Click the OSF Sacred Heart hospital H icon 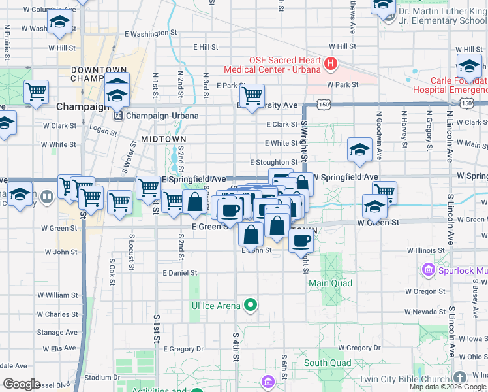[x=331, y=63]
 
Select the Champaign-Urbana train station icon [x=119, y=116]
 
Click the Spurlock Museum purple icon [x=428, y=269]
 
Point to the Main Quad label [x=330, y=283]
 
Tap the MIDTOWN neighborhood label [x=163, y=139]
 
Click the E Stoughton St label [x=274, y=162]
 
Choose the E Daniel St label [x=179, y=272]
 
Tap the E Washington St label [x=150, y=33]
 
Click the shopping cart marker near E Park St [x=252, y=95]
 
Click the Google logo [x=22, y=384]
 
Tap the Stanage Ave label [x=57, y=332]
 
